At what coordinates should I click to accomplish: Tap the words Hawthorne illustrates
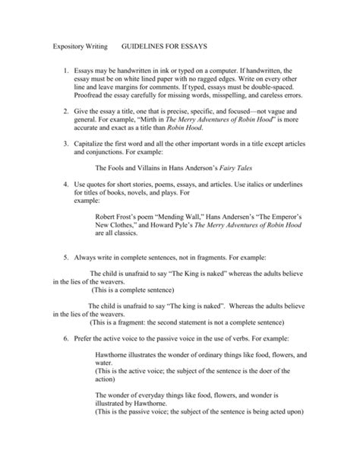pos(130,354)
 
